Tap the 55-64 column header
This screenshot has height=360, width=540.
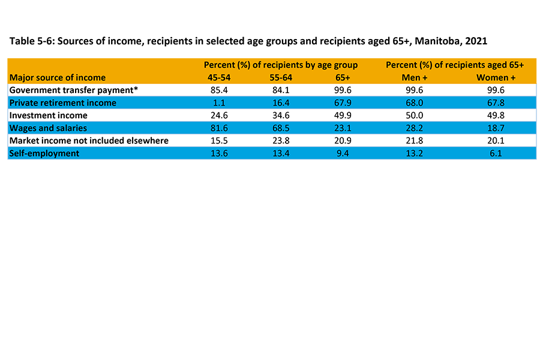[280, 77]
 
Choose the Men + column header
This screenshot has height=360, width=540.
[414, 77]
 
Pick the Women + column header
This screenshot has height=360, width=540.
[496, 77]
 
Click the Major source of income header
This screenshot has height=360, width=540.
[58, 77]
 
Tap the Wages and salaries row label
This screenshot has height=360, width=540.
[49, 128]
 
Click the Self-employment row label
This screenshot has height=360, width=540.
[44, 153]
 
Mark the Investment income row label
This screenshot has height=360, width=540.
[49, 115]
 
